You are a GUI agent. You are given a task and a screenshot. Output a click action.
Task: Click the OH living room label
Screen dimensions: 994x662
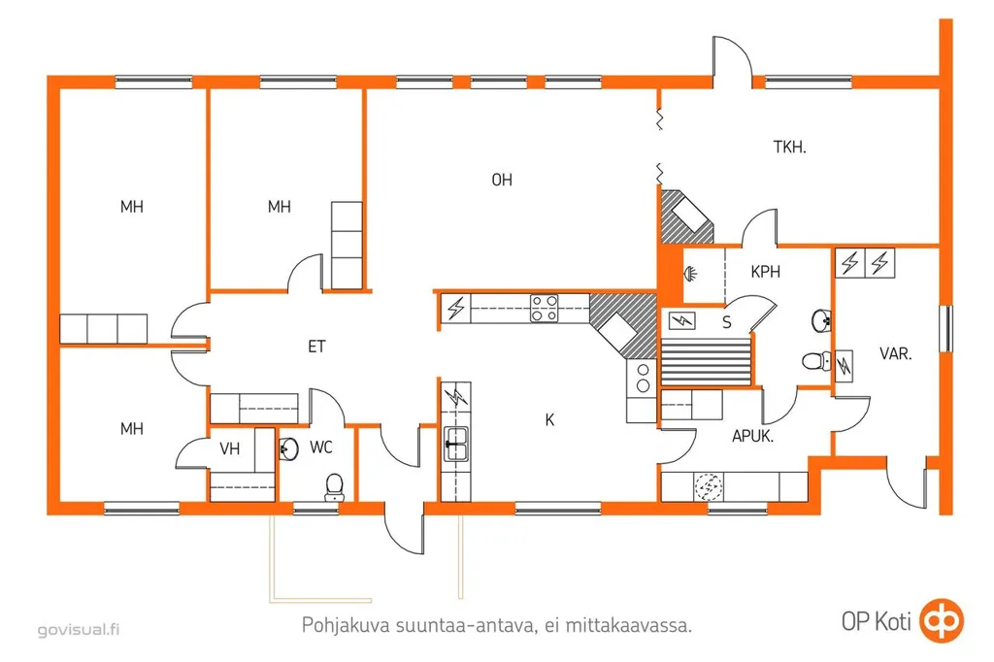click(x=502, y=181)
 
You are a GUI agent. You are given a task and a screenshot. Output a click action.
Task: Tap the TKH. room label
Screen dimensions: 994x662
click(x=790, y=148)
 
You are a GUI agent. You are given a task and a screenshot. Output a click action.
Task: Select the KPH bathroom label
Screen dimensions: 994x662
click(x=765, y=272)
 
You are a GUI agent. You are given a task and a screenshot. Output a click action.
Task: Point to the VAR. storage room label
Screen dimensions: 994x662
click(x=896, y=354)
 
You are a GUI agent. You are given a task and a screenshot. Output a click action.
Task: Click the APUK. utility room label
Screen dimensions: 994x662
click(x=752, y=436)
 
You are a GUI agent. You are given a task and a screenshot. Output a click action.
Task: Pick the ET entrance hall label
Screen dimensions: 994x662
click(x=316, y=347)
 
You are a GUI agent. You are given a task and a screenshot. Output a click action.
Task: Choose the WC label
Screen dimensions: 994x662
click(x=321, y=447)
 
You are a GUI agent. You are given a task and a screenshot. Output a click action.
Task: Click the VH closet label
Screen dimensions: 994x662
click(x=229, y=449)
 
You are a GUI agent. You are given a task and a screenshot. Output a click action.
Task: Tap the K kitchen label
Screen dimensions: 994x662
click(x=549, y=419)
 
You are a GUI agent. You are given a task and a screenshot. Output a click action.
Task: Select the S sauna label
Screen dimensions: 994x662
click(x=727, y=323)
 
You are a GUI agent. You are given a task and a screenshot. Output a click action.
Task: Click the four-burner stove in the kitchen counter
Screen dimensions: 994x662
click(x=545, y=308)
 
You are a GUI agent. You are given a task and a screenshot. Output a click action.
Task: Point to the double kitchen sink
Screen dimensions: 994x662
click(x=456, y=444)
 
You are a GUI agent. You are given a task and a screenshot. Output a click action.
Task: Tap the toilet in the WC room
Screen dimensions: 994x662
click(x=334, y=487)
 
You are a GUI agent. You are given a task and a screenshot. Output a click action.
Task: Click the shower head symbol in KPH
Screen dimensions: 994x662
click(x=690, y=274)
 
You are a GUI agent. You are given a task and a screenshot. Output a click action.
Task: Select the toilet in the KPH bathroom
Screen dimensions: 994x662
click(x=816, y=361)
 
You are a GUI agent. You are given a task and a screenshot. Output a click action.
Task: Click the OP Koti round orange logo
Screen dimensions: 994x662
click(x=942, y=620)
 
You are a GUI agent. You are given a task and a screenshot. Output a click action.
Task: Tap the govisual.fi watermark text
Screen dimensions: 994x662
click(x=79, y=630)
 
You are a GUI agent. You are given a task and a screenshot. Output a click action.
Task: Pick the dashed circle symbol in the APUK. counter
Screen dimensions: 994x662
click(x=708, y=486)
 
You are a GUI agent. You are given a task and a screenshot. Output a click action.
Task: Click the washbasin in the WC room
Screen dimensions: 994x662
click(x=288, y=449)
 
